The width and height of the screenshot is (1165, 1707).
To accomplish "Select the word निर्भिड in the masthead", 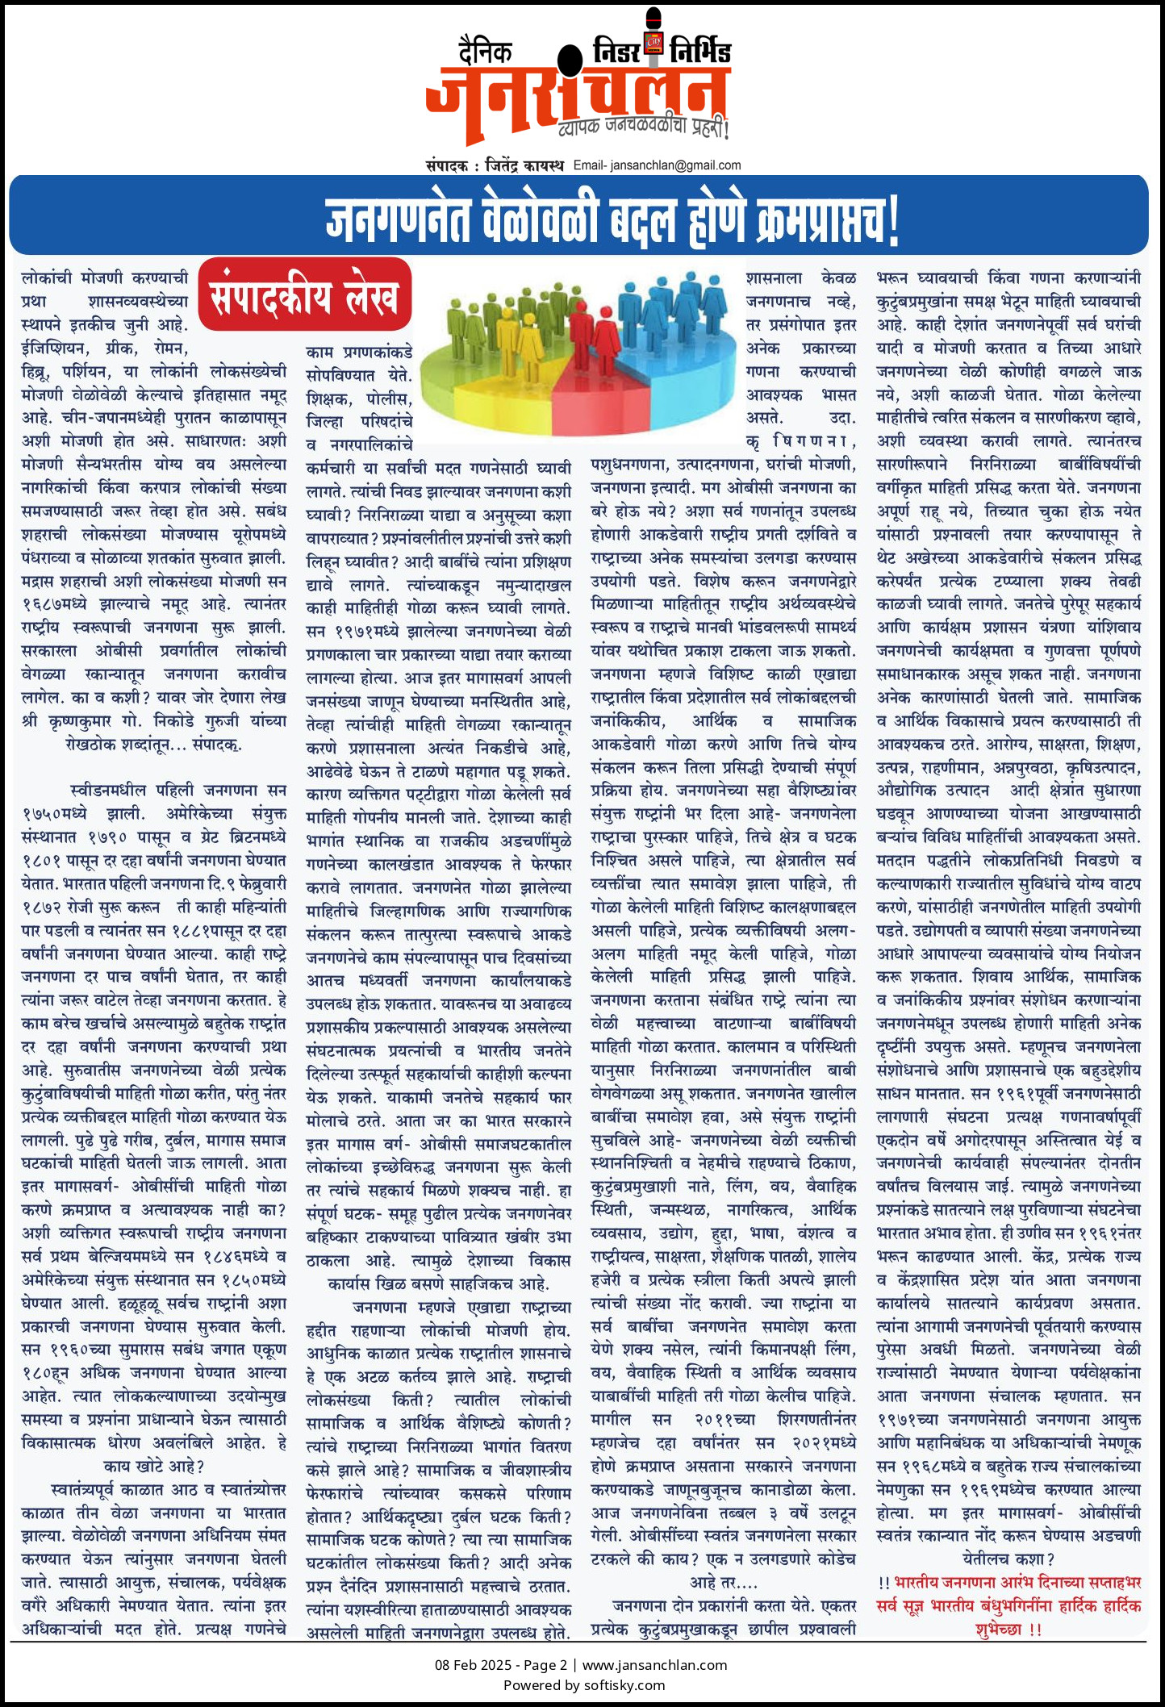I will click(x=700, y=52).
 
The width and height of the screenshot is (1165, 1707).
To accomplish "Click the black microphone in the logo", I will click(x=570, y=61).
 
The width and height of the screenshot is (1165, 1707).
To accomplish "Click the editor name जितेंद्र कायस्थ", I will click(x=524, y=165).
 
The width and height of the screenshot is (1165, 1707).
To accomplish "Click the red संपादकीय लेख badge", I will click(x=305, y=295).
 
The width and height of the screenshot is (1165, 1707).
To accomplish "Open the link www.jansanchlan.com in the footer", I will click(x=654, y=1664).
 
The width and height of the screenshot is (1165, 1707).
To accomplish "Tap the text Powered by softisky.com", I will click(x=583, y=1684).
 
